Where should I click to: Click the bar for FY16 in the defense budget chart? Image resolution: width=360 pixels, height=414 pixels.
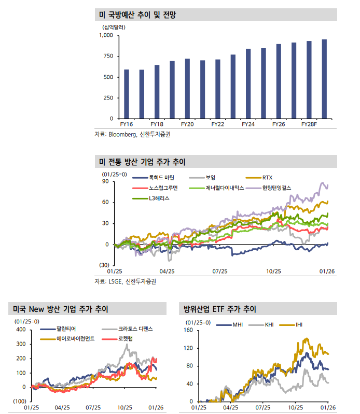[127, 94]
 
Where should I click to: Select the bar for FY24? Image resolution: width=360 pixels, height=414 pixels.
[248, 83]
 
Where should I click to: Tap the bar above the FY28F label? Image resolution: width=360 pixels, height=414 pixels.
[309, 80]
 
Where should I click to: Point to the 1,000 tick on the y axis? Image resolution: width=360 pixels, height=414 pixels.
[106, 36]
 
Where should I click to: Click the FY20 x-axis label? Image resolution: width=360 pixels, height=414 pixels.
[187, 125]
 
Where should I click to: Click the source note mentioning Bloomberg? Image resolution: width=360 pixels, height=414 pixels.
[132, 134]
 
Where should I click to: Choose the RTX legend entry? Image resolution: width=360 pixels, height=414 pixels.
[267, 178]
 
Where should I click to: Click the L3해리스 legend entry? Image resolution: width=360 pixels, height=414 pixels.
[159, 198]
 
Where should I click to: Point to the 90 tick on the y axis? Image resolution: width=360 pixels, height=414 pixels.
[105, 181]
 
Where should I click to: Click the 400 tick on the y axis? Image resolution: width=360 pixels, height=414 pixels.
[21, 330]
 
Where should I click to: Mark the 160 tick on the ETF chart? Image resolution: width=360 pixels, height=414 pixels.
[188, 330]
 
